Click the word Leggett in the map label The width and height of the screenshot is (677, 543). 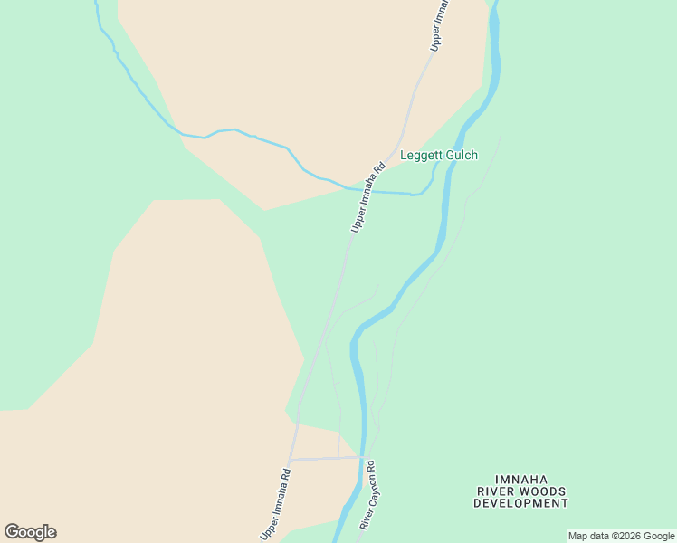[x=419, y=156]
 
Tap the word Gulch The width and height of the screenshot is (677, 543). [x=460, y=156]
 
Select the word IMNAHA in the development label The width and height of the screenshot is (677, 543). [x=520, y=480]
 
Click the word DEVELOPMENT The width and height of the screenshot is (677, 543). [x=520, y=503]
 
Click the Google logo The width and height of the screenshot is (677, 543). [x=30, y=532]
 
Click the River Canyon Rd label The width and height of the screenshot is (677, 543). [x=367, y=495]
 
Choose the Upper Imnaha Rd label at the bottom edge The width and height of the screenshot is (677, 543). [x=275, y=503]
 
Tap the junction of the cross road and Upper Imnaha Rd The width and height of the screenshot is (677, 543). [x=291, y=460]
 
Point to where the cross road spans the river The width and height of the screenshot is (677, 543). [x=364, y=457]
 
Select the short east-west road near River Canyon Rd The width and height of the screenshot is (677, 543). [x=326, y=459]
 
